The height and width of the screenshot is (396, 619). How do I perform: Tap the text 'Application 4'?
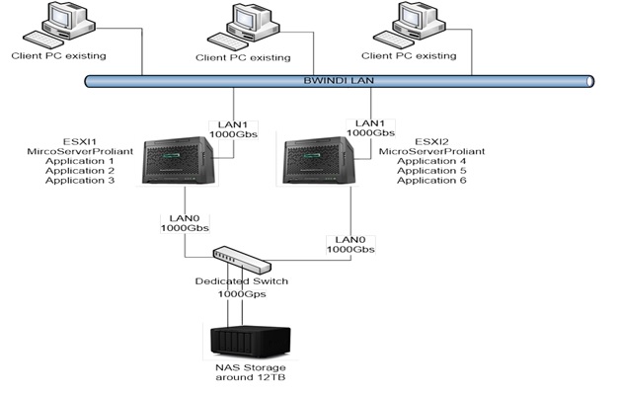(x=432, y=161)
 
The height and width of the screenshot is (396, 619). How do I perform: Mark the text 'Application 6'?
(x=432, y=181)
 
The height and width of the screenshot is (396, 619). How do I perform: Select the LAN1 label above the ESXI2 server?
(x=370, y=123)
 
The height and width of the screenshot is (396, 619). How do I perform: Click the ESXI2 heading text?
(x=426, y=141)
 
